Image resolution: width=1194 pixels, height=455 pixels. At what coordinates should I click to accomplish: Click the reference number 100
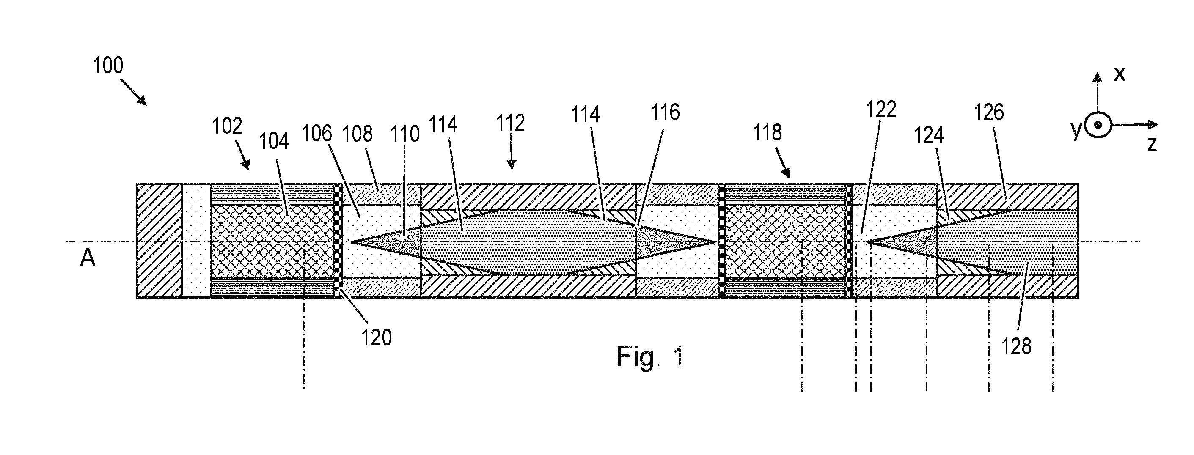[x=108, y=65]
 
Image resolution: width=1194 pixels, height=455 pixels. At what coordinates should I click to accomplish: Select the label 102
[x=227, y=126]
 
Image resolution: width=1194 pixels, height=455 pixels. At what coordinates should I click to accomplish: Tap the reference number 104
[x=273, y=141]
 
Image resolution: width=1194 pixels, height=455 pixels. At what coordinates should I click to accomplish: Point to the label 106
[x=317, y=134]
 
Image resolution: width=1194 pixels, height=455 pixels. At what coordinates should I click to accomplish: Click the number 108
[x=358, y=134]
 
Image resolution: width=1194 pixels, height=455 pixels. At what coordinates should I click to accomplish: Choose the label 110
[x=405, y=134]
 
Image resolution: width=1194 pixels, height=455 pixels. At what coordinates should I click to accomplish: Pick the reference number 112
[x=510, y=123]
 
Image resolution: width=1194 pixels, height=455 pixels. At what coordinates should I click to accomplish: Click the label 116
[x=666, y=112]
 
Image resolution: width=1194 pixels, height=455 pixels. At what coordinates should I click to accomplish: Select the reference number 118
[x=768, y=132]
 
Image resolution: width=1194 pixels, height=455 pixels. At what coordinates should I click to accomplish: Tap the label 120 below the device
[x=377, y=338]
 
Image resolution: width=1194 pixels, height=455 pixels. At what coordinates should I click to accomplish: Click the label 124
[x=929, y=136]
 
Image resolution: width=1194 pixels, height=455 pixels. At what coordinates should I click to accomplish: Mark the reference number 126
[x=989, y=112]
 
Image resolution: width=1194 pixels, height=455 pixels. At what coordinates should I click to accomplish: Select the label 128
[x=1016, y=347]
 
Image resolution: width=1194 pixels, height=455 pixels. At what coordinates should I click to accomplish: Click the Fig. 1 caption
[x=650, y=357]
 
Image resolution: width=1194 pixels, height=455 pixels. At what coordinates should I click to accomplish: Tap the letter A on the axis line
[x=88, y=258]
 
